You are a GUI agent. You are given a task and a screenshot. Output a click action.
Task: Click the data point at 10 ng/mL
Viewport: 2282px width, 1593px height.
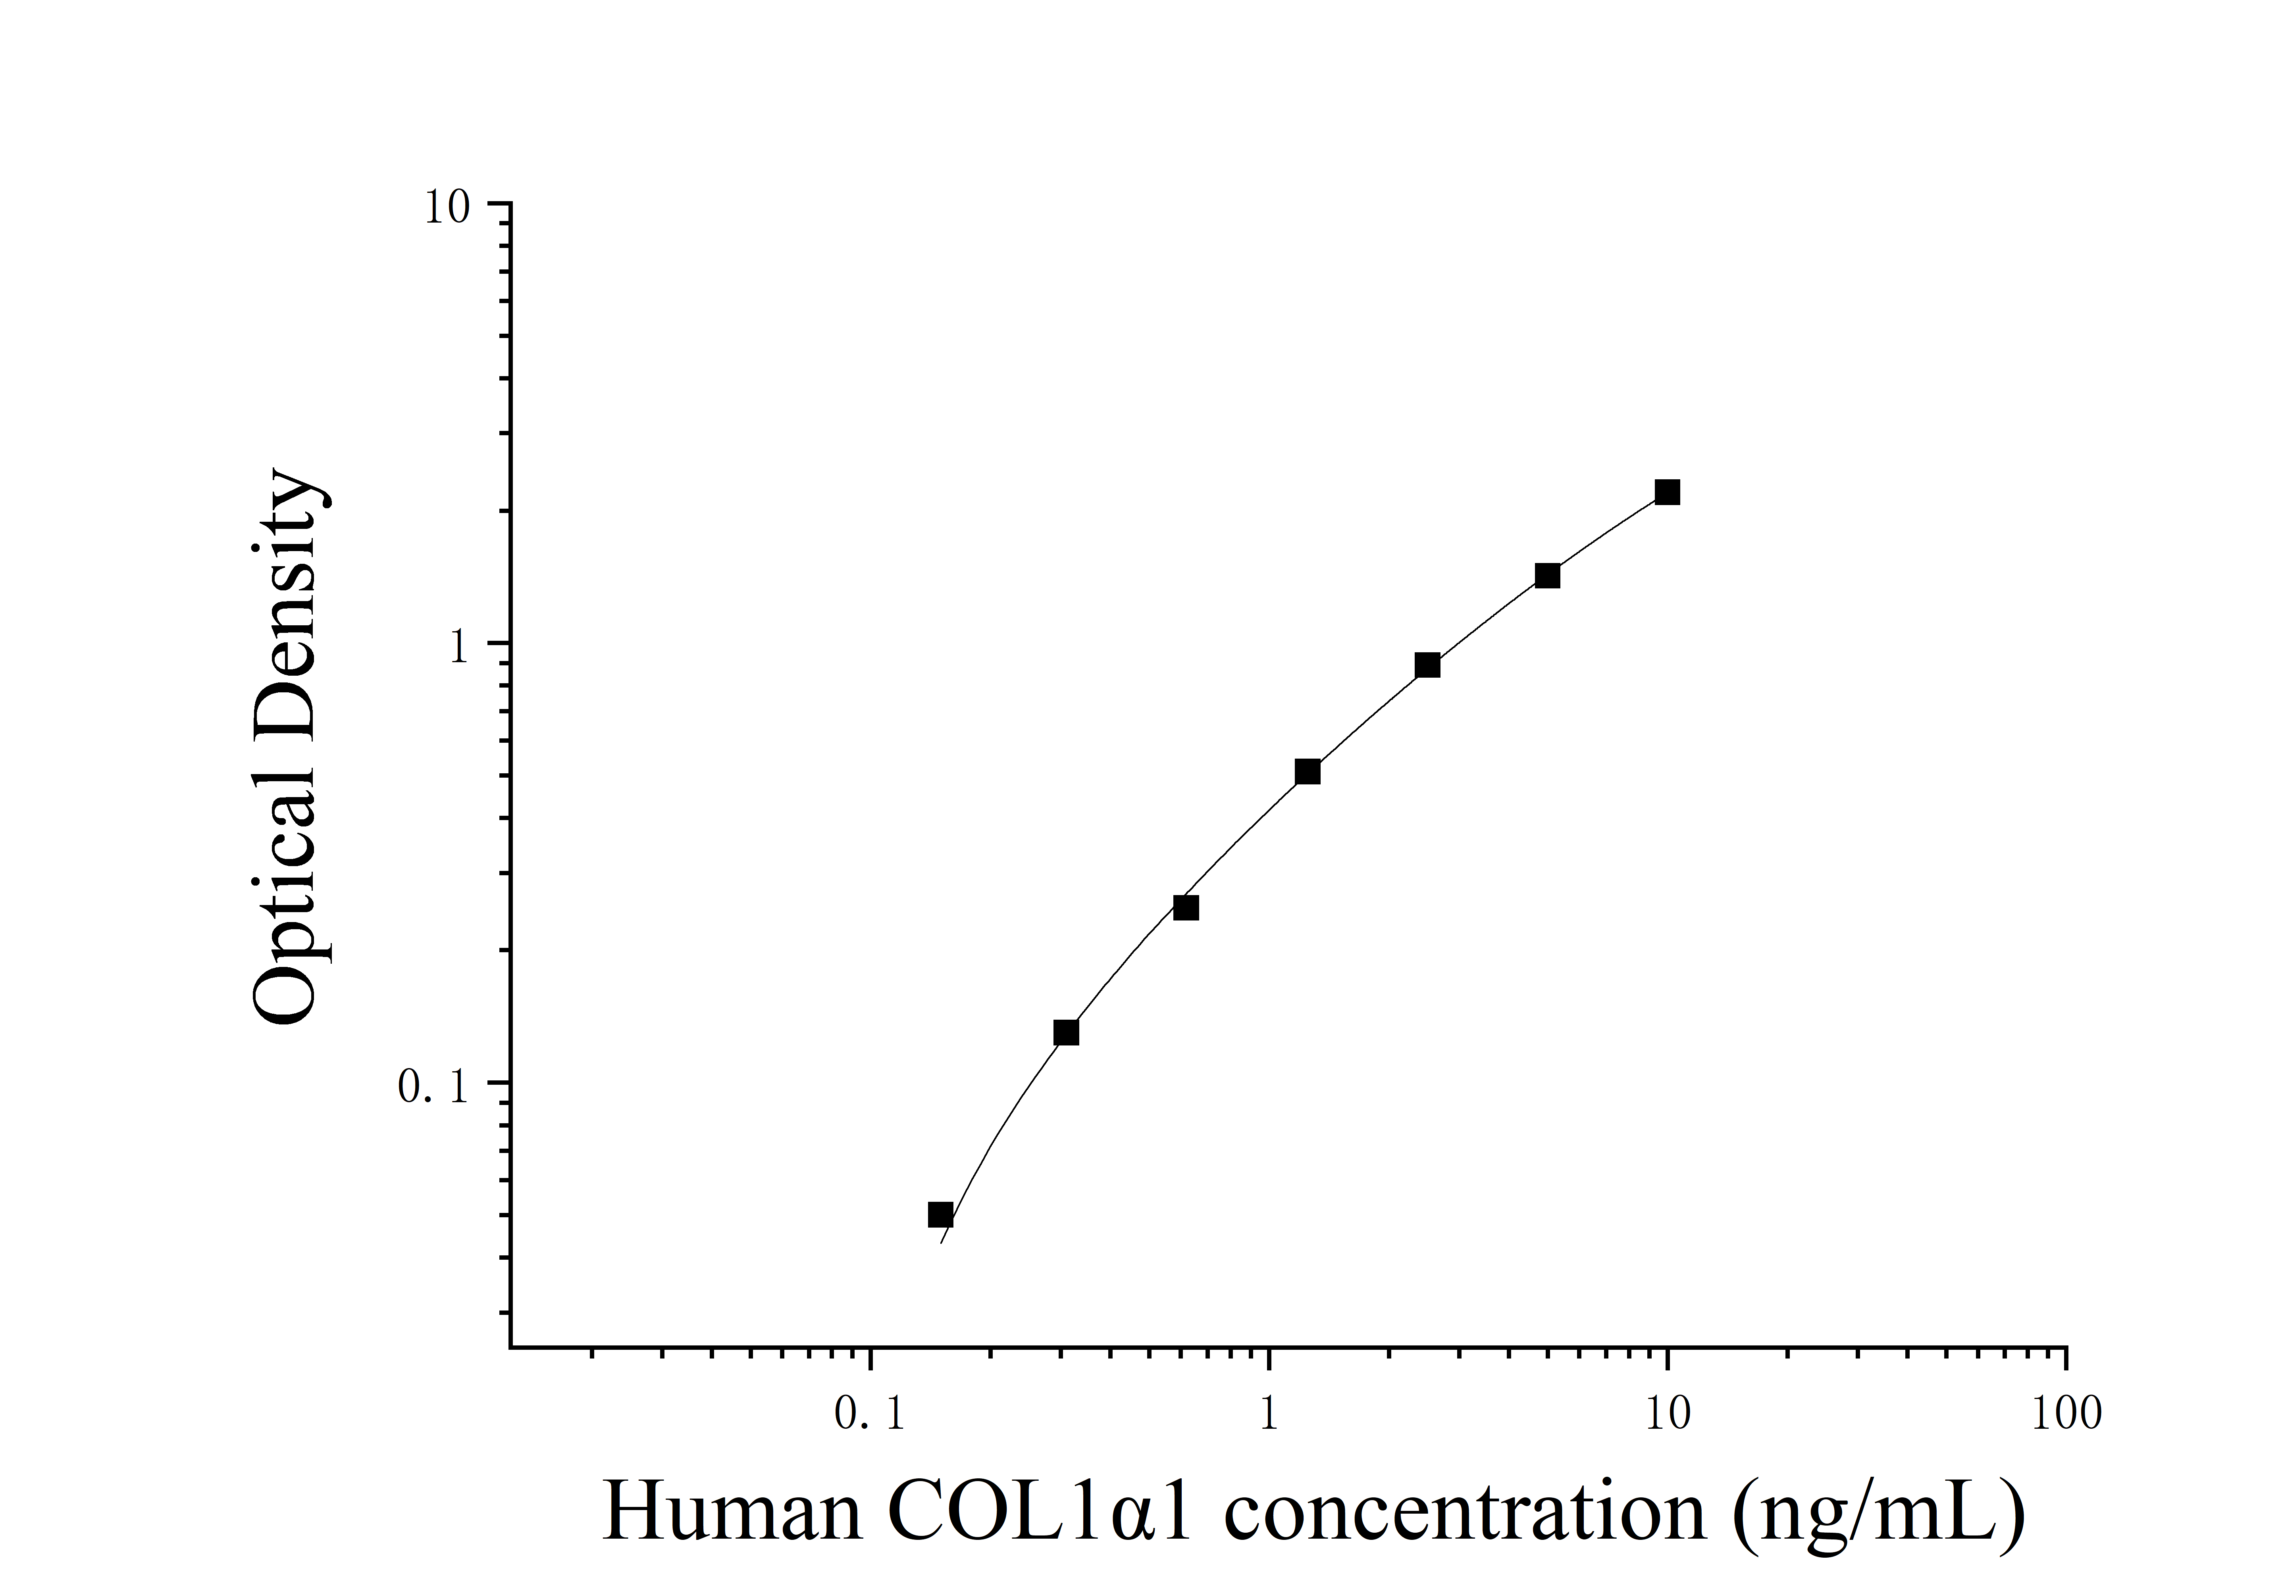coord(1667,492)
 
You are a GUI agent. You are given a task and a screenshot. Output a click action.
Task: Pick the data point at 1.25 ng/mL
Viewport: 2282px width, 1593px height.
coord(1308,771)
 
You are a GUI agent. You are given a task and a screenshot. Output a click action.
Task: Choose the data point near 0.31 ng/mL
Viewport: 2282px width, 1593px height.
coord(1065,1032)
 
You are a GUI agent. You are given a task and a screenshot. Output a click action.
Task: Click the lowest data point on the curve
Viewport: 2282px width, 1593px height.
coord(940,1214)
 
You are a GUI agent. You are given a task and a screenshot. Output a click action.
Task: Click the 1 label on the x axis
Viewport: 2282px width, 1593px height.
coord(1268,1414)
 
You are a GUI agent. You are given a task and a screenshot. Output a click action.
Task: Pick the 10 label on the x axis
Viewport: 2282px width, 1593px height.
coord(1667,1414)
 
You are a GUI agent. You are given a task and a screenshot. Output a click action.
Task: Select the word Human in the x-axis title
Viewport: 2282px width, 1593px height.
coord(732,1512)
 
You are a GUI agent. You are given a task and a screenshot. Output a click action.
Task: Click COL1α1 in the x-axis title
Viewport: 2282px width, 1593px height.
coord(1039,1512)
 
